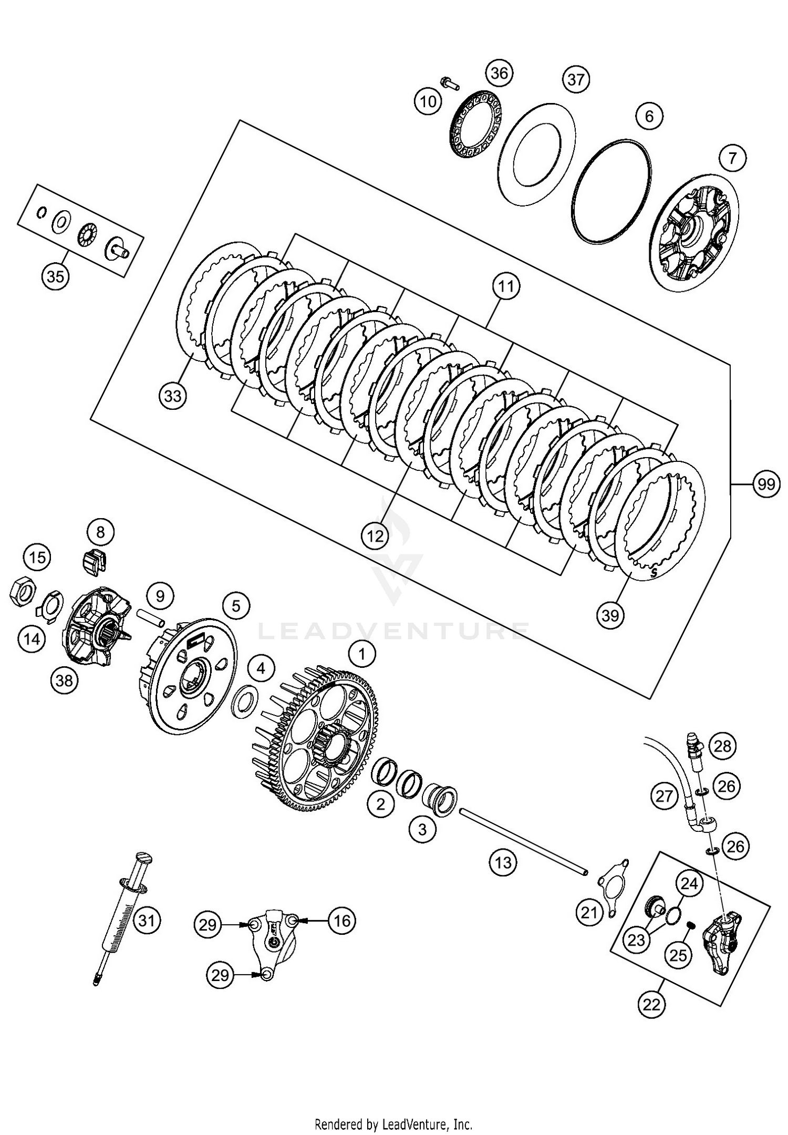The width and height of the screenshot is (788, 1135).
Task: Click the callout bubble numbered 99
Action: pos(766,483)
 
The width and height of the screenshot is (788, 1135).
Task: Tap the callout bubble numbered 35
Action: pos(55,276)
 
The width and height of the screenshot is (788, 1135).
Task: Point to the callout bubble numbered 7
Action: pos(733,157)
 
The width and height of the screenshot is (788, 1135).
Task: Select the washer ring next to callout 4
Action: pos(245,700)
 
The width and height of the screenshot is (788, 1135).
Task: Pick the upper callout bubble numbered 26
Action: pos(727,787)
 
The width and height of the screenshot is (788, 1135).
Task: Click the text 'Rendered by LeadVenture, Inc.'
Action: pos(393,1120)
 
